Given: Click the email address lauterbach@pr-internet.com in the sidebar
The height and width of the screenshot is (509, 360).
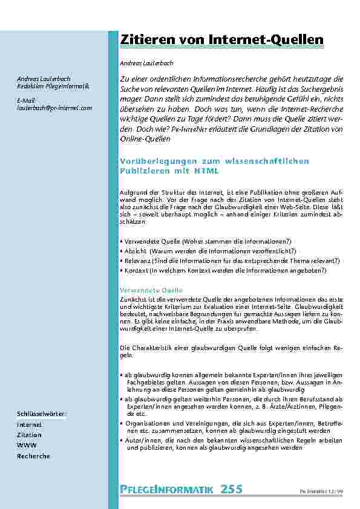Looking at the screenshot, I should [x=54, y=108].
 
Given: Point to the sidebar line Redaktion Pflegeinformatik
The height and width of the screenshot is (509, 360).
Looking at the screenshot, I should [x=53, y=86].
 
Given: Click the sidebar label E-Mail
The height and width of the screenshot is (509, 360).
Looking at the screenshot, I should [x=25, y=99].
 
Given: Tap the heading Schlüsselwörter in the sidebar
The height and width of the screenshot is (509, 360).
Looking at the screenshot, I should [x=42, y=413].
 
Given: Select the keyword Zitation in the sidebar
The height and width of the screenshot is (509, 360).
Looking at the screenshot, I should [x=29, y=435].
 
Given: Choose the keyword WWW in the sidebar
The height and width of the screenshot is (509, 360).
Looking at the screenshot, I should [x=26, y=446].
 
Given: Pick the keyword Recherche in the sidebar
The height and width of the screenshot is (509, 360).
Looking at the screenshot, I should [x=33, y=456].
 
